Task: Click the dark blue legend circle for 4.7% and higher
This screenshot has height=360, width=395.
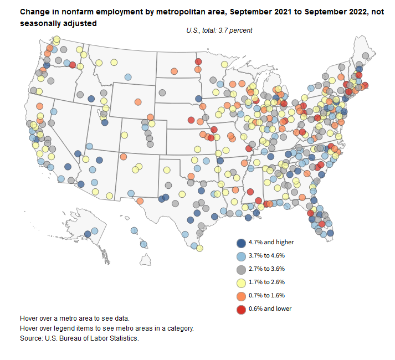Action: (x=241, y=243)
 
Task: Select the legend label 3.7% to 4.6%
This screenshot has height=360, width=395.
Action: (x=271, y=256)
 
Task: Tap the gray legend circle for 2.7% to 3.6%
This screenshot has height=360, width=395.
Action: (x=241, y=269)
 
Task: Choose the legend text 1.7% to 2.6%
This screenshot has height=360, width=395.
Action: (x=271, y=282)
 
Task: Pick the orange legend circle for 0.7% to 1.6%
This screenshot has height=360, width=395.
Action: (x=241, y=295)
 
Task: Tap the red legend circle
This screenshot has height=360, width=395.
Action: (x=241, y=308)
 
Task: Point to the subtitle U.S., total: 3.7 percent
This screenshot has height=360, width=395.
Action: (x=219, y=30)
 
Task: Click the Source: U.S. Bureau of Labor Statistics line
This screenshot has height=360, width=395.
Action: (x=79, y=337)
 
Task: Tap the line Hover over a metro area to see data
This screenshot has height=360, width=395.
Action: (x=74, y=318)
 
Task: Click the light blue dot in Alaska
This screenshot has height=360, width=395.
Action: (x=95, y=231)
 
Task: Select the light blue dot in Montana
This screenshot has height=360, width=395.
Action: (x=128, y=78)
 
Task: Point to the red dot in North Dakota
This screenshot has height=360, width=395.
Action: (x=198, y=61)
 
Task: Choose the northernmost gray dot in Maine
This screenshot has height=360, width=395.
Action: (x=366, y=56)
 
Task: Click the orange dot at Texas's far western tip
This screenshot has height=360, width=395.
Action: (x=140, y=201)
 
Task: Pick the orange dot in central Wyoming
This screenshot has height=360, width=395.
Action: (x=138, y=102)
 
